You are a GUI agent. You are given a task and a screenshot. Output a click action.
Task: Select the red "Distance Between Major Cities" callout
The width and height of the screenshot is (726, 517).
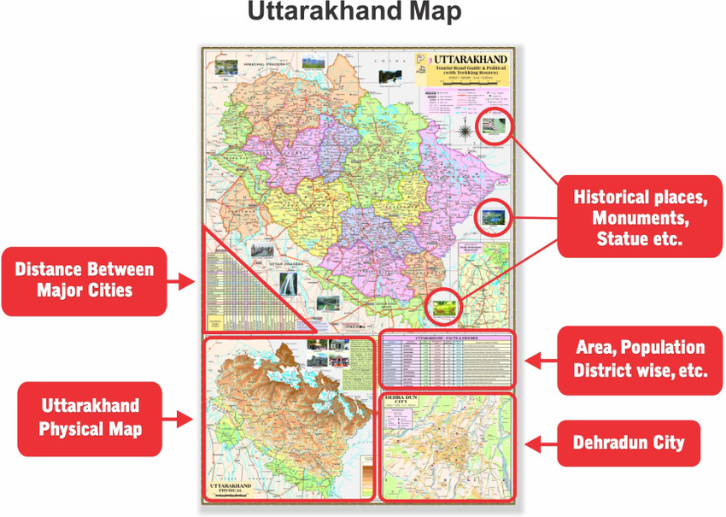point(85,279)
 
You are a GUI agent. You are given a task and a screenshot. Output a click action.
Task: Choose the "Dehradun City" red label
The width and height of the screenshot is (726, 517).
point(629,444)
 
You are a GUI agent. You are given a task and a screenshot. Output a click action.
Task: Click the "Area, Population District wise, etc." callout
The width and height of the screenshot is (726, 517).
point(639,359)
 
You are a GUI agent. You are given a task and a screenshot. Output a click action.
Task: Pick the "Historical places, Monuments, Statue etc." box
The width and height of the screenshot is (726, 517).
point(639,217)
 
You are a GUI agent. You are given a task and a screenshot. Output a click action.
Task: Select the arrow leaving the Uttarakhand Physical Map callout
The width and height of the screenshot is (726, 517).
point(190,418)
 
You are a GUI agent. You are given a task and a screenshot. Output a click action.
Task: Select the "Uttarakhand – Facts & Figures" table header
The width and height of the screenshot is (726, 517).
point(446,339)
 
